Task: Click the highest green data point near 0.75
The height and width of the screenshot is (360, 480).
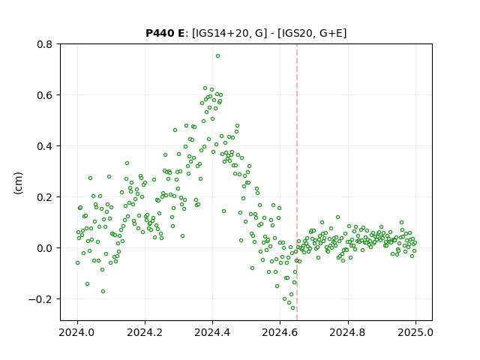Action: pos(217,56)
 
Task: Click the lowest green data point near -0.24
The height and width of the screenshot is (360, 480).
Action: pos(292,308)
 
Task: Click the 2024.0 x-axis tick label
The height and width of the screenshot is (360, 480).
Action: pos(77,332)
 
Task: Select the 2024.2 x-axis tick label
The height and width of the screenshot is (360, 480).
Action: pos(145,332)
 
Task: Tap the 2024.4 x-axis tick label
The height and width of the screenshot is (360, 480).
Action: pos(212,332)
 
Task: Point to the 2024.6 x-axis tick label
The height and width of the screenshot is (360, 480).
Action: pos(280,332)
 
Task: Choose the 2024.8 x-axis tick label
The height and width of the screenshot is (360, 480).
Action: pos(347,332)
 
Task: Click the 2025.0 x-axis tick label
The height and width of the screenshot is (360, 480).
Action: pos(415,332)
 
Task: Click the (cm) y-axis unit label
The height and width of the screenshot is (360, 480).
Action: pos(18,183)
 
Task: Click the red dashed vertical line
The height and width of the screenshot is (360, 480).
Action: pos(297,182)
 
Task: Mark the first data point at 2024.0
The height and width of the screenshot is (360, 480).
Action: pos(77,263)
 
